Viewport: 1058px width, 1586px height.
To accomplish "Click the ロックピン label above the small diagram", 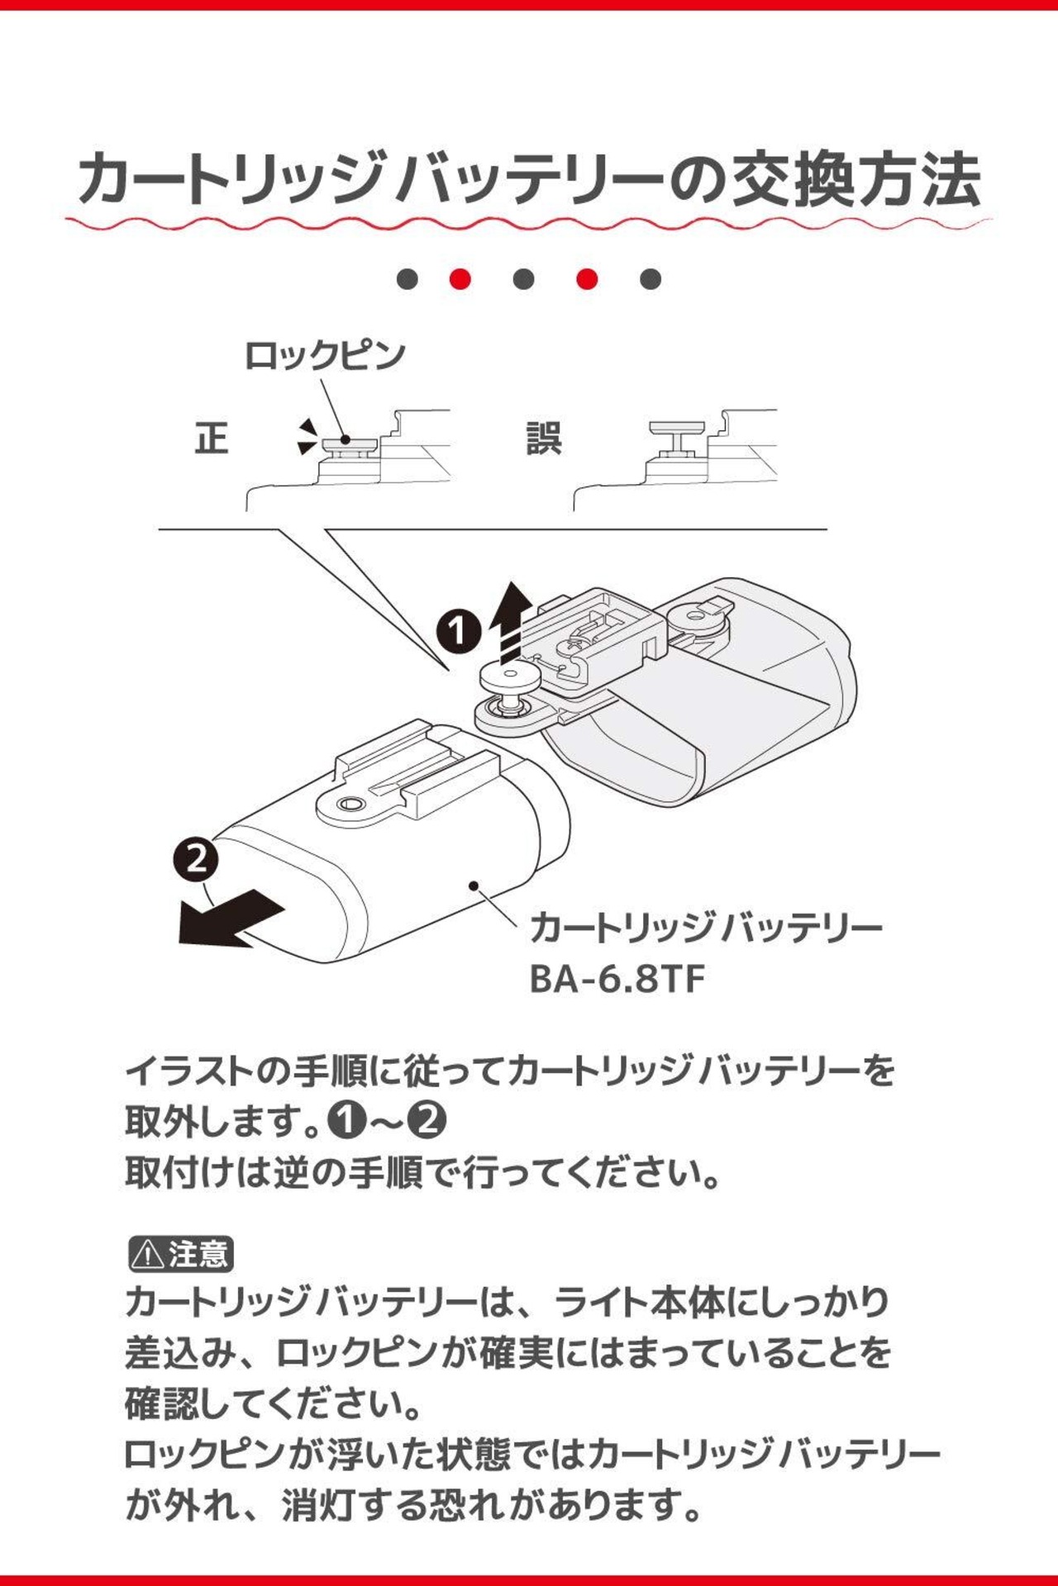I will (x=325, y=356).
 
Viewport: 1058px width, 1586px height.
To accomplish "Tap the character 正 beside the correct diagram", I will (x=212, y=439).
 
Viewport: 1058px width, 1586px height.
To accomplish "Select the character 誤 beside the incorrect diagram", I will (x=543, y=439).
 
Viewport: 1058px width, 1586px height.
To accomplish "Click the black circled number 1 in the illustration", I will (x=458, y=631).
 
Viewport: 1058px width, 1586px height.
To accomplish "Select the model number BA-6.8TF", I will (x=617, y=980).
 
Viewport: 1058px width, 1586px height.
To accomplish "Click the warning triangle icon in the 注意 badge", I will (x=148, y=1255).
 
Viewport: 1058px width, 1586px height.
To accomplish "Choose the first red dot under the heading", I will (x=460, y=279).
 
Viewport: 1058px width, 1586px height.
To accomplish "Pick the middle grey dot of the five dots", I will (x=523, y=279).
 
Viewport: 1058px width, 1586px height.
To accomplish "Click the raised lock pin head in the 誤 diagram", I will (x=677, y=429).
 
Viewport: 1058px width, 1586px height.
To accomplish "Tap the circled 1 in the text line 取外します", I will (x=346, y=1121).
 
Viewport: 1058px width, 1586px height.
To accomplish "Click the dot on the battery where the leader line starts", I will (x=474, y=886).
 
